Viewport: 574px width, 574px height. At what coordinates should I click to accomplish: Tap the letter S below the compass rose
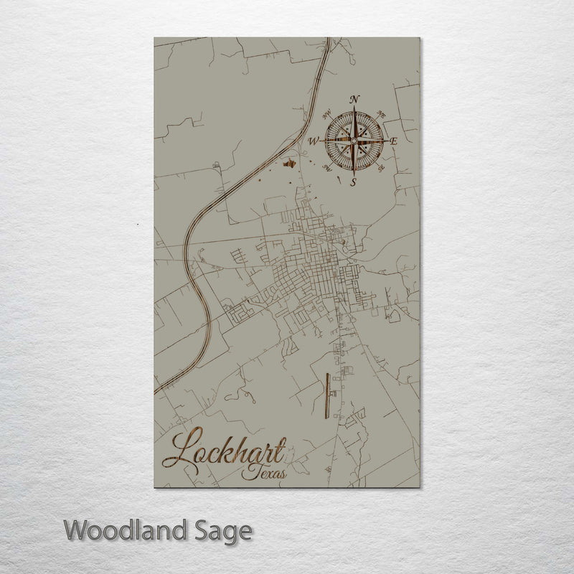(353, 182)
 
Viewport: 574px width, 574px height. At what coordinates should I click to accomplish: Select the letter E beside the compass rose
(394, 141)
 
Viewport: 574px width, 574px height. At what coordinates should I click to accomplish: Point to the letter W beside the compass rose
(314, 142)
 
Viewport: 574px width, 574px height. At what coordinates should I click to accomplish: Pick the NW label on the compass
(327, 113)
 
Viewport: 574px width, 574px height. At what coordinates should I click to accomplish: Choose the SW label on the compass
(326, 168)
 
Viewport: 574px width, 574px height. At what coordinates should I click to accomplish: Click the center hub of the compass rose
(354, 141)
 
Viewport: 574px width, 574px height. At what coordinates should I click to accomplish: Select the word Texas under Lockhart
(264, 473)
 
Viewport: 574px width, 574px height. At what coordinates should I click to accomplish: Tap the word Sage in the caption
(222, 532)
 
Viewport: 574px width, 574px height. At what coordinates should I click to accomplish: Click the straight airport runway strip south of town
(326, 398)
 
